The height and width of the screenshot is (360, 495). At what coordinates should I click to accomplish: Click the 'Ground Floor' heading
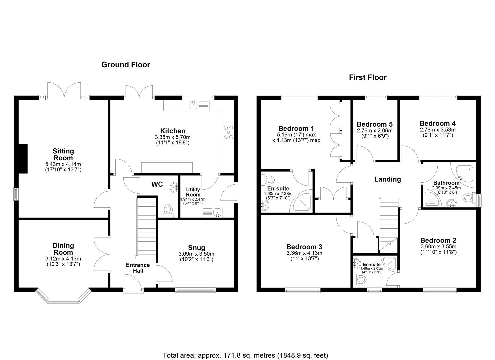[x=126, y=65]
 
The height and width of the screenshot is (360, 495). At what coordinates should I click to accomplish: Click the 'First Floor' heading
[x=367, y=78]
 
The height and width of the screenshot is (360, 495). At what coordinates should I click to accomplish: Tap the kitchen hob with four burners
[x=228, y=132]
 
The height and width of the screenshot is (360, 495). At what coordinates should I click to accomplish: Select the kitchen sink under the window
[x=193, y=106]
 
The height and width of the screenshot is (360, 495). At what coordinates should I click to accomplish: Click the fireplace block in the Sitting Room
[x=23, y=159]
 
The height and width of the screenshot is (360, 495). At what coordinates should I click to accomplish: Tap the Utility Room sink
[x=217, y=212]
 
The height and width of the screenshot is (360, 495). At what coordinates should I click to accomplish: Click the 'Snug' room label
[x=196, y=247]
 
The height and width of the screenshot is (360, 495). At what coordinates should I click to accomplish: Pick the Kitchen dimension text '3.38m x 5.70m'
[x=173, y=137]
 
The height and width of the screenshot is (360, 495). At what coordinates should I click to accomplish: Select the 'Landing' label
[x=387, y=179]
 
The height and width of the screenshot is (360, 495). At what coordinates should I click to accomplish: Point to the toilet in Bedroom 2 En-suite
[x=359, y=279]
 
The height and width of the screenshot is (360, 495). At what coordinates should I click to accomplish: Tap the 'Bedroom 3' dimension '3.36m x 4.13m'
[x=304, y=253]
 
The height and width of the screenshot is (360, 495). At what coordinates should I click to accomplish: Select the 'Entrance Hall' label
[x=138, y=268]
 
